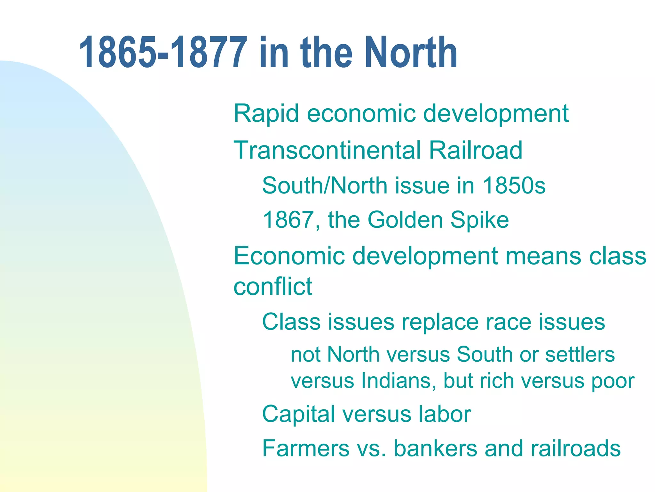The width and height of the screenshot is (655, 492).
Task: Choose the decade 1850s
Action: pos(514,185)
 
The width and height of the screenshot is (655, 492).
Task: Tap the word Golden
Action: pos(405,220)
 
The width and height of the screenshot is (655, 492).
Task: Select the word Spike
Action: pos(479,220)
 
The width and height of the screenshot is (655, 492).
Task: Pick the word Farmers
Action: pos(306,448)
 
